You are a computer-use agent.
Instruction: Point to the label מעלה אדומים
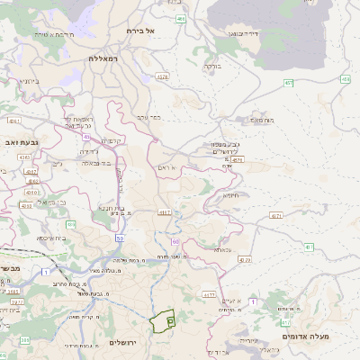click(x=306, y=337)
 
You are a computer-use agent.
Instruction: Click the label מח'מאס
click(x=262, y=120)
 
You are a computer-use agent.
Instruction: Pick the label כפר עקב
click(x=148, y=116)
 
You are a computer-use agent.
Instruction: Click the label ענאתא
click(x=223, y=249)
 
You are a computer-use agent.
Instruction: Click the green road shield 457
click(x=289, y=83)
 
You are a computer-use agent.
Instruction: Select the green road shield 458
click(x=346, y=80)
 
